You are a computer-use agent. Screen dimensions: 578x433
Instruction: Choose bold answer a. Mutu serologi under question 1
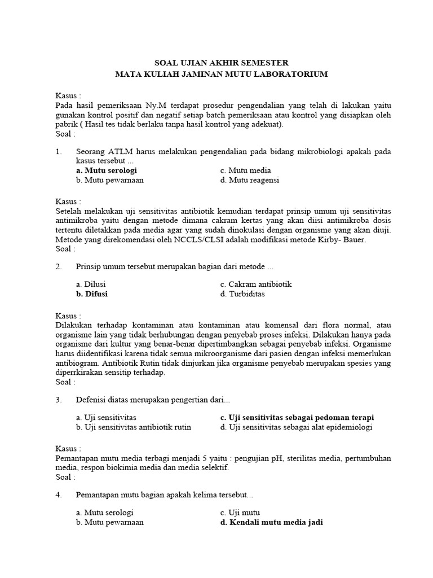[106, 170]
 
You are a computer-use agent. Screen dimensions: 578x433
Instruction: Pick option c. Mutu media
[245, 170]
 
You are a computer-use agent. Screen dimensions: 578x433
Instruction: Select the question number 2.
[58, 266]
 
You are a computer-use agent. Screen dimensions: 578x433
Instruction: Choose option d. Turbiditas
[242, 294]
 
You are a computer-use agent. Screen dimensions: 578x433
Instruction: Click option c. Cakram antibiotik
[256, 284]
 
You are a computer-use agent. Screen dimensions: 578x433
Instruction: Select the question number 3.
[58, 400]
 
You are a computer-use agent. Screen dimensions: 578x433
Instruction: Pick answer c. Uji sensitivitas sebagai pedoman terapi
[297, 418]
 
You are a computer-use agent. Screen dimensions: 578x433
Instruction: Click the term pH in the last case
[276, 458]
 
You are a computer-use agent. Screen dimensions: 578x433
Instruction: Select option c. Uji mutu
[238, 513]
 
